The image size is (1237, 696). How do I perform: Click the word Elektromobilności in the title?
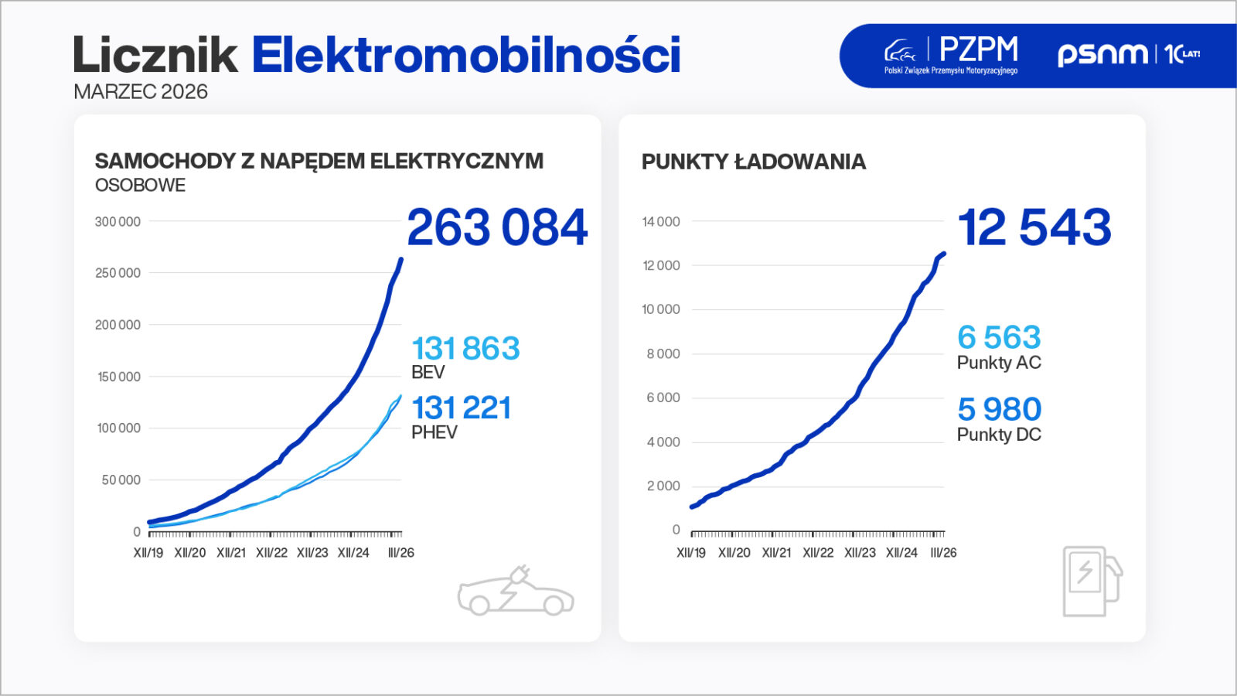tap(465, 55)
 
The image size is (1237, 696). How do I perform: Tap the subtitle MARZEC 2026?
tap(141, 92)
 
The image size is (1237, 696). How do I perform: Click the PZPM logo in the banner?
tap(952, 55)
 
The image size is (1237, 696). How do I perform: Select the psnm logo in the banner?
tap(1102, 54)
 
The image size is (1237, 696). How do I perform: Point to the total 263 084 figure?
tap(497, 227)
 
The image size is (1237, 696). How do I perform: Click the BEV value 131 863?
tap(465, 349)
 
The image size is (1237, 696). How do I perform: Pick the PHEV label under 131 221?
tap(434, 432)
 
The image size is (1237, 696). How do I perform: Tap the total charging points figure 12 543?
tap(1034, 227)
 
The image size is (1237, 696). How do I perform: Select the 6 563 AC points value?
tap(999, 337)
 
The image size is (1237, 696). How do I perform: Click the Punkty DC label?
tap(999, 435)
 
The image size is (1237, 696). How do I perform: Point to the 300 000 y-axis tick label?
tap(118, 222)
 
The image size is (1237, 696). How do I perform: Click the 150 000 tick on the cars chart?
tap(118, 377)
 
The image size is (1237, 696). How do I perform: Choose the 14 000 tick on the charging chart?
tap(661, 222)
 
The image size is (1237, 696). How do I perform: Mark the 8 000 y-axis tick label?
tap(663, 353)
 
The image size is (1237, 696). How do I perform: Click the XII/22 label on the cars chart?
tap(271, 553)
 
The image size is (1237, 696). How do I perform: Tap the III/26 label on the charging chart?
tap(943, 553)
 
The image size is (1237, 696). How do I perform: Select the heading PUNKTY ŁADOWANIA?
tap(754, 162)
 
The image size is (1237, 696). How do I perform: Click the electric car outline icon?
tap(516, 592)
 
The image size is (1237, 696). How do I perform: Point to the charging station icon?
tap(1091, 581)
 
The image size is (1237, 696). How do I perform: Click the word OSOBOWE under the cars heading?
tap(140, 186)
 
